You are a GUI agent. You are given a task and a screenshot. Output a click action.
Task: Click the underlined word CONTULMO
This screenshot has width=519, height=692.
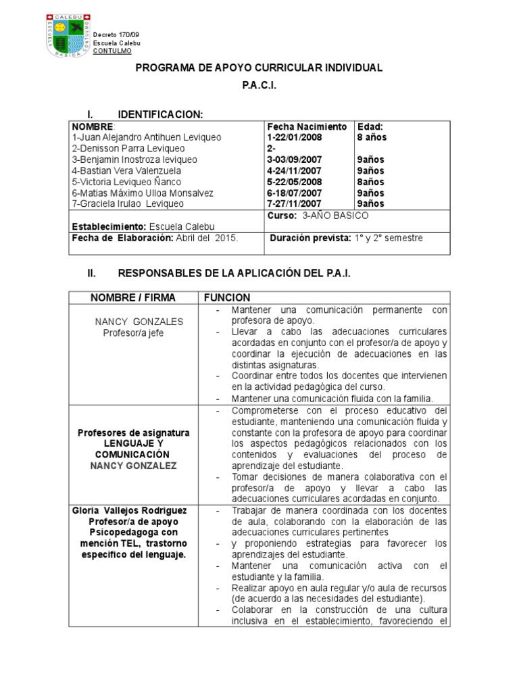click(112, 51)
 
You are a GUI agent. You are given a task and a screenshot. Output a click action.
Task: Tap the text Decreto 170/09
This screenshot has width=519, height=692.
click(116, 34)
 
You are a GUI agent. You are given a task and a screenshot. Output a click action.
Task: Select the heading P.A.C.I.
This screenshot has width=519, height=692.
click(259, 87)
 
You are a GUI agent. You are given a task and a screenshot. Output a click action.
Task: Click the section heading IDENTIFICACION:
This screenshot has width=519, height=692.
click(160, 114)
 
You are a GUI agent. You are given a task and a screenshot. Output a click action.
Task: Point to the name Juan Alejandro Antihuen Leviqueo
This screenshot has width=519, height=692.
click(147, 138)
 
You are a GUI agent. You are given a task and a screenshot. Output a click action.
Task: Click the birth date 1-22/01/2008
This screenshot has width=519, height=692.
click(295, 138)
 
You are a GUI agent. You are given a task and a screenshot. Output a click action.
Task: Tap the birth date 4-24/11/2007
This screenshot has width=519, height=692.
click(295, 171)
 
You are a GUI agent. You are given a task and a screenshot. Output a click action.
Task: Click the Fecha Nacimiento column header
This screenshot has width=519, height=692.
click(307, 127)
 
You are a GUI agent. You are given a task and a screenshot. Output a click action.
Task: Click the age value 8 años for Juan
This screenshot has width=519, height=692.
click(372, 138)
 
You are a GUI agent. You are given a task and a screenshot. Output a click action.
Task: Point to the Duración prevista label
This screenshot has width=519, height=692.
click(308, 238)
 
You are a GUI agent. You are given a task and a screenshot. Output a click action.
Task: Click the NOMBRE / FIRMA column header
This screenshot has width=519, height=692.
click(132, 298)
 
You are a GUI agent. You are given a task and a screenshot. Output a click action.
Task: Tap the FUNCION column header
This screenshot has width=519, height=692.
click(228, 298)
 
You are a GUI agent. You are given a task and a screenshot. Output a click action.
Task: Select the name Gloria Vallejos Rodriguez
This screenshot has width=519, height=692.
click(132, 510)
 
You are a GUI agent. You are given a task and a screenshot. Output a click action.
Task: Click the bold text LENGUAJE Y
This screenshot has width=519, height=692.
click(133, 444)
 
